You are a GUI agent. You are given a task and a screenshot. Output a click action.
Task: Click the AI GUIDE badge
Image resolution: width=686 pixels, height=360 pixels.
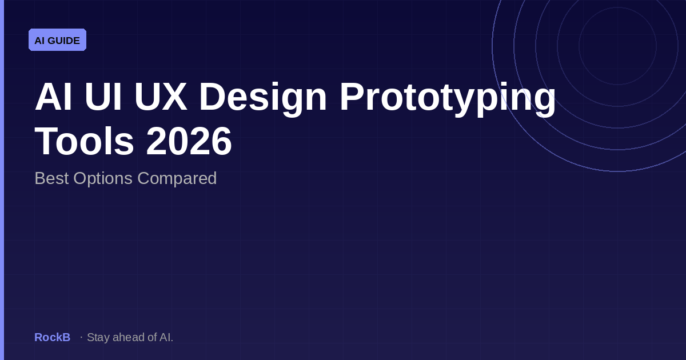[x=57, y=40]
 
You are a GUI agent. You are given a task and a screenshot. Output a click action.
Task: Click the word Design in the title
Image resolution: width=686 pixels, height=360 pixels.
[x=263, y=97]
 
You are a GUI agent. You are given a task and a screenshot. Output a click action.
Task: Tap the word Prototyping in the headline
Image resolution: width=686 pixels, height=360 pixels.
[x=448, y=97]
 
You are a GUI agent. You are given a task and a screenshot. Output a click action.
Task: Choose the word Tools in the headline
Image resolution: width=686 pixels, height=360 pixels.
[x=84, y=141]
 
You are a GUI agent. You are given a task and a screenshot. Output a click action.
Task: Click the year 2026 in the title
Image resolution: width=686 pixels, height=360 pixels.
[x=189, y=141]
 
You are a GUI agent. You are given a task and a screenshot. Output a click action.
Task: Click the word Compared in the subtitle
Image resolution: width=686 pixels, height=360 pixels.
[x=177, y=178]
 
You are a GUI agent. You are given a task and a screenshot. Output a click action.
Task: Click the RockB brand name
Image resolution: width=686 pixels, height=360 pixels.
[x=52, y=337]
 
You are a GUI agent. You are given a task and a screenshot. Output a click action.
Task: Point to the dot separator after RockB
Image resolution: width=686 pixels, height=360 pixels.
[x=81, y=337]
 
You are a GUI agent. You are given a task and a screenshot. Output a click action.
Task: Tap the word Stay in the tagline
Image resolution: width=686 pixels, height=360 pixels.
[x=98, y=337]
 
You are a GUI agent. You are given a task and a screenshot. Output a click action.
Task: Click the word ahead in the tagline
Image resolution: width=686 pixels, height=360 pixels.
[x=127, y=337]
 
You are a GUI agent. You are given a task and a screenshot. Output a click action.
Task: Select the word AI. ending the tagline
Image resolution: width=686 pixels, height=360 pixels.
[x=166, y=337]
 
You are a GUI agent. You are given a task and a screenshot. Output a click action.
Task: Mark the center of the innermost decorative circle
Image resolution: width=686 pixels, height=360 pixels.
[x=617, y=46]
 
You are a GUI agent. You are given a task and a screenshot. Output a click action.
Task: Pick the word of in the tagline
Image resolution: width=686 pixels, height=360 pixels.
[x=151, y=337]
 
